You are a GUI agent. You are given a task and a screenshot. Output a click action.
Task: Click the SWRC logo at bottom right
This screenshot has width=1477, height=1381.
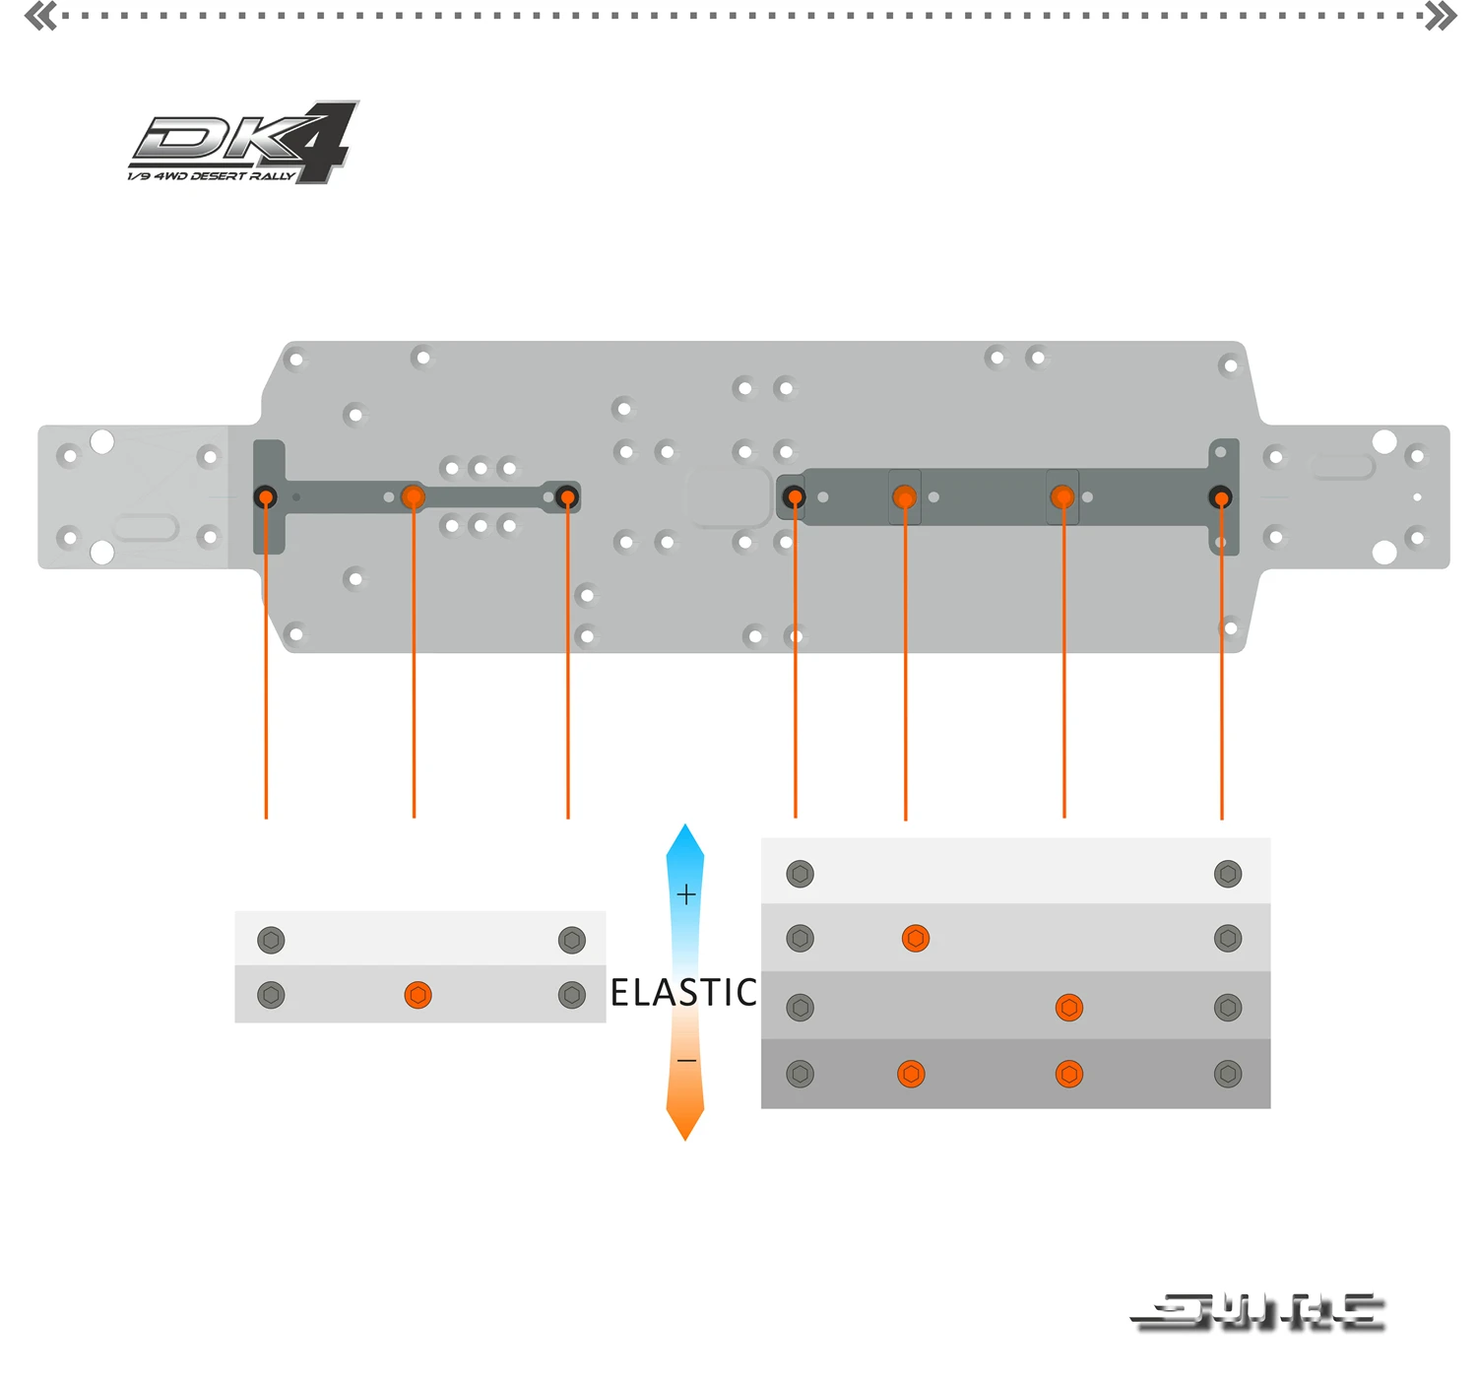pos(1259,1312)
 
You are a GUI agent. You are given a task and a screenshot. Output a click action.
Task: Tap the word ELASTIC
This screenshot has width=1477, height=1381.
pos(683,992)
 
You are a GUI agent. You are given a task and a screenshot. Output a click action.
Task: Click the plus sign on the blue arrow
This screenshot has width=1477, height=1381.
pos(686,894)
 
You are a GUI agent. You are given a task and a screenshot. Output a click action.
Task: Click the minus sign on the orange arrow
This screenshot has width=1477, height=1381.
pos(686,1061)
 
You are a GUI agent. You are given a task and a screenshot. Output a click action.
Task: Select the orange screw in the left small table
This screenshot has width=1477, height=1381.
pos(417,995)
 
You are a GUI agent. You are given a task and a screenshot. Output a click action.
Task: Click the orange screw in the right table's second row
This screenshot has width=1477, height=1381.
pos(916,939)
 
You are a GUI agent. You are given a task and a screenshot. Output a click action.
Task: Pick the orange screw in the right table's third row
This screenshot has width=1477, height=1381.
pos(1068,1008)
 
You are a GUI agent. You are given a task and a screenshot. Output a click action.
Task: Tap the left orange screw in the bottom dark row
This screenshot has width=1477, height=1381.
pos(911,1074)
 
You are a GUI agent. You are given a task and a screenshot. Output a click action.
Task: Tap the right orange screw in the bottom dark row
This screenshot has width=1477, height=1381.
pos(1068,1074)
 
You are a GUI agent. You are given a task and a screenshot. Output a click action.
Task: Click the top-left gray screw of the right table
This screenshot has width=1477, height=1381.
pos(801,874)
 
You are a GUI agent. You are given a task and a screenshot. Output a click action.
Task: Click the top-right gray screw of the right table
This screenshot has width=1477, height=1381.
pos(1228,874)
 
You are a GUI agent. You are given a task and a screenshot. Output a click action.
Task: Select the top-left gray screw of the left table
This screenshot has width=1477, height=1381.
pos(271,940)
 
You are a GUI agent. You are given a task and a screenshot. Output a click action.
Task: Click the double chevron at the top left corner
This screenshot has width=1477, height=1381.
pos(40,16)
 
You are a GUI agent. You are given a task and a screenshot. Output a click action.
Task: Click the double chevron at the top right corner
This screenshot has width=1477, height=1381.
pos(1441,16)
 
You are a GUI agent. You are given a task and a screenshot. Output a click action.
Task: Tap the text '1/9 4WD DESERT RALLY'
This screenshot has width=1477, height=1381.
pos(211,176)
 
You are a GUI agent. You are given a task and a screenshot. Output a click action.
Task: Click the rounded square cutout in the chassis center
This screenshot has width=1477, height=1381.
pos(729,495)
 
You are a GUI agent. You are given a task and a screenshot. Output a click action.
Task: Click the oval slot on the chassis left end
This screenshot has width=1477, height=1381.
pos(146,528)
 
